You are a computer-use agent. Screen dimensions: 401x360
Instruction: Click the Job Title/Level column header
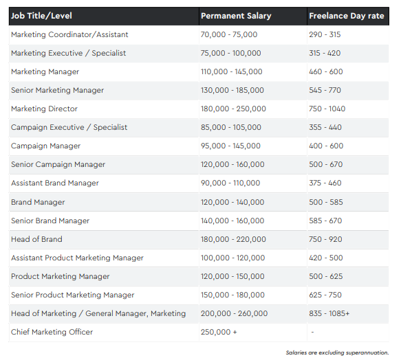pyautogui.click(x=41, y=16)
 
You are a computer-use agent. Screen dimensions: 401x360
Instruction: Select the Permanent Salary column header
pyautogui.click(x=236, y=16)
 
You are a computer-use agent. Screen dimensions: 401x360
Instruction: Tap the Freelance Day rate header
pyautogui.click(x=347, y=16)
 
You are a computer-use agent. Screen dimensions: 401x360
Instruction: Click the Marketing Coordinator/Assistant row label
pyautogui.click(x=69, y=34)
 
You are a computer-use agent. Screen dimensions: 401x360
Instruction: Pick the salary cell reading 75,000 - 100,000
pyautogui.click(x=231, y=53)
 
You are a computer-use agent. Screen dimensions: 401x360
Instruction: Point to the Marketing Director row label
pyautogui.click(x=44, y=109)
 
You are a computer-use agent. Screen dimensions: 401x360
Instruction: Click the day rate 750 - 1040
pyautogui.click(x=327, y=109)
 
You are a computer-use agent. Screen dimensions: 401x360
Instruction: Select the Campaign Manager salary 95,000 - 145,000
pyautogui.click(x=230, y=146)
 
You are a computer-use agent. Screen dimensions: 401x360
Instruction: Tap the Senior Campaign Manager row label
pyautogui.click(x=58, y=165)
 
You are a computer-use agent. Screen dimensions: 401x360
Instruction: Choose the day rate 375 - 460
pyautogui.click(x=325, y=183)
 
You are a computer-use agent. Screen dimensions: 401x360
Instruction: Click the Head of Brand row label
pyautogui.click(x=36, y=239)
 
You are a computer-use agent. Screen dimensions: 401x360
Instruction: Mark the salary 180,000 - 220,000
pyautogui.click(x=233, y=239)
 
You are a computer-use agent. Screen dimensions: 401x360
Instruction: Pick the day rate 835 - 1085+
pyautogui.click(x=329, y=313)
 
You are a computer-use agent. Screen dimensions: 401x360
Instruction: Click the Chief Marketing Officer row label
pyautogui.click(x=52, y=332)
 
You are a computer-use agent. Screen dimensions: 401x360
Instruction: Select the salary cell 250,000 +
pyautogui.click(x=219, y=332)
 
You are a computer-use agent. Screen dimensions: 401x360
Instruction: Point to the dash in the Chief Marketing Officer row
pyautogui.click(x=312, y=332)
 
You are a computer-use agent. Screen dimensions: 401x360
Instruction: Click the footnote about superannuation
pyautogui.click(x=337, y=352)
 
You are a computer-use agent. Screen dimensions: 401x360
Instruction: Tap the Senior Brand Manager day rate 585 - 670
pyautogui.click(x=325, y=221)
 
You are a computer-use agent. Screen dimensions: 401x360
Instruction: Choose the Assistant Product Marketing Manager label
pyautogui.click(x=77, y=258)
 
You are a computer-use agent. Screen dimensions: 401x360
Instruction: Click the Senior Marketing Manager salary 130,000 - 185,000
pyautogui.click(x=232, y=90)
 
